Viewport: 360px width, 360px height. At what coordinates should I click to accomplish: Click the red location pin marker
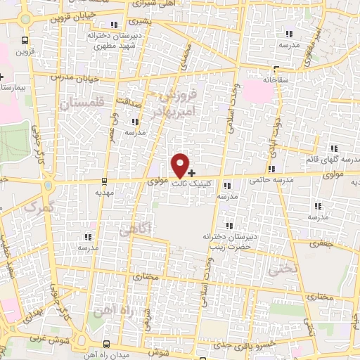[x=181, y=165]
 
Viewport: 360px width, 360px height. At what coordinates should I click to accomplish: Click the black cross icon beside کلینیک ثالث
[x=192, y=172]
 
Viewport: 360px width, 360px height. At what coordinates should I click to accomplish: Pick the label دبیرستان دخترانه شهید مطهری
[x=114, y=38]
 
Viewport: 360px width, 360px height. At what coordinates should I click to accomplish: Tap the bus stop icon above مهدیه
[x=104, y=180]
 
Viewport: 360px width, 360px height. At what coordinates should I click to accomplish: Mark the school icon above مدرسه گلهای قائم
[x=333, y=148]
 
